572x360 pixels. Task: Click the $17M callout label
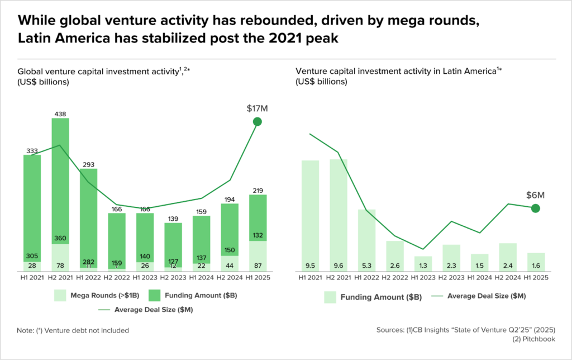[257, 108]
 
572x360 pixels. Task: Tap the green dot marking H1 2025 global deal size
[257, 122]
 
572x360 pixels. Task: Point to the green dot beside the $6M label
[535, 209]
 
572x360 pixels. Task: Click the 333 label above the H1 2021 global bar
[32, 151]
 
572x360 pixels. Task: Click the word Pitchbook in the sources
[537, 339]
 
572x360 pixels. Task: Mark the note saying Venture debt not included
[73, 330]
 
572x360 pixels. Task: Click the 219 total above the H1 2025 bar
[257, 191]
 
